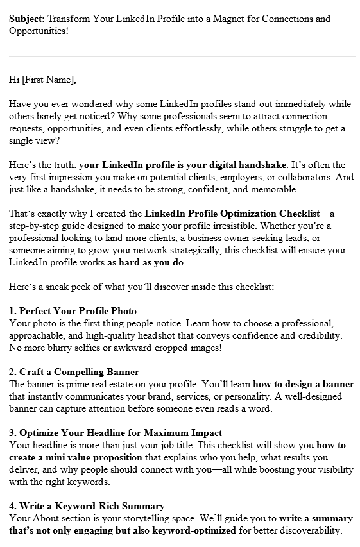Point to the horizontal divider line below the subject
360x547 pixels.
point(182,56)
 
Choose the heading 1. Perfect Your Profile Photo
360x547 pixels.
point(73,311)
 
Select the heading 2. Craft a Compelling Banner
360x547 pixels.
point(74,372)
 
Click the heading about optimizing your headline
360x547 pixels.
point(116,433)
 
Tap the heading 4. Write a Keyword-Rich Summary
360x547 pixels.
point(87,506)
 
